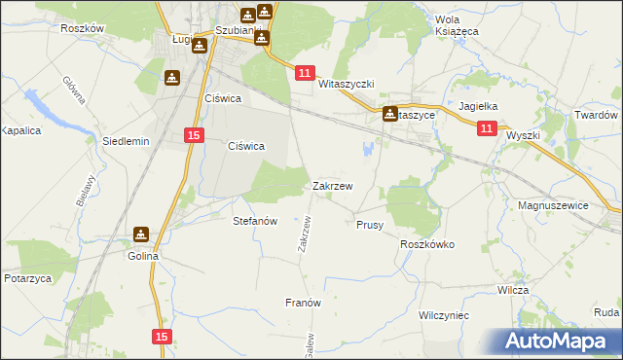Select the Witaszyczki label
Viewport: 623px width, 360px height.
(x=347, y=85)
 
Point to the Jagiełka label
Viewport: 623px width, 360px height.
(x=478, y=107)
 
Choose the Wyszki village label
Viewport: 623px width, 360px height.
(x=522, y=136)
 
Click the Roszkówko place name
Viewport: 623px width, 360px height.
(x=427, y=245)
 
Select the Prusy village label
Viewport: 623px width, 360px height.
(x=370, y=225)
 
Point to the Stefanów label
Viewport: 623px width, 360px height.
(x=256, y=221)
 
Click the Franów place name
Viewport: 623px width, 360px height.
(x=303, y=303)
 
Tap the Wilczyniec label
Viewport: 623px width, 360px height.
(x=444, y=316)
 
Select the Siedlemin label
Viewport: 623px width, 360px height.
(x=126, y=141)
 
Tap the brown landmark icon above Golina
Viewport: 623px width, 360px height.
(x=141, y=234)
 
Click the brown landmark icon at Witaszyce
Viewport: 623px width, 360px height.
(x=390, y=113)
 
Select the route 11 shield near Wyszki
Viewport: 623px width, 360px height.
(x=487, y=127)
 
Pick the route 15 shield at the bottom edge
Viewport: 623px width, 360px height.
(x=163, y=336)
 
